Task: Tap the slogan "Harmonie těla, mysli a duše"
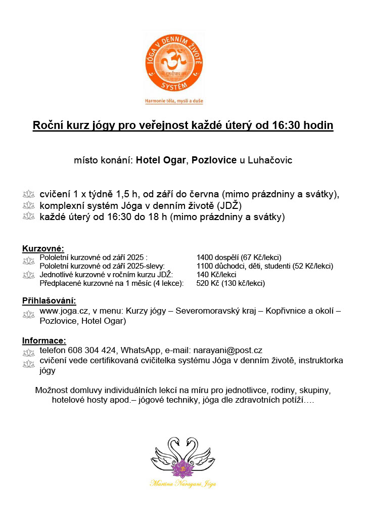pyautogui.click(x=174, y=101)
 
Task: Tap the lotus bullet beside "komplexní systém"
pyautogui.click(x=28, y=206)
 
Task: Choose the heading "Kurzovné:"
pyautogui.click(x=43, y=248)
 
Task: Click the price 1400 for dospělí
pyautogui.click(x=205, y=257)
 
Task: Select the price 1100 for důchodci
pyautogui.click(x=205, y=266)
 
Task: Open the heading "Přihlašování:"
pyautogui.click(x=49, y=301)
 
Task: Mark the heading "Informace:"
pyautogui.click(x=44, y=340)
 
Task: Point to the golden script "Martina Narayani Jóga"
pyautogui.click(x=183, y=484)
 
